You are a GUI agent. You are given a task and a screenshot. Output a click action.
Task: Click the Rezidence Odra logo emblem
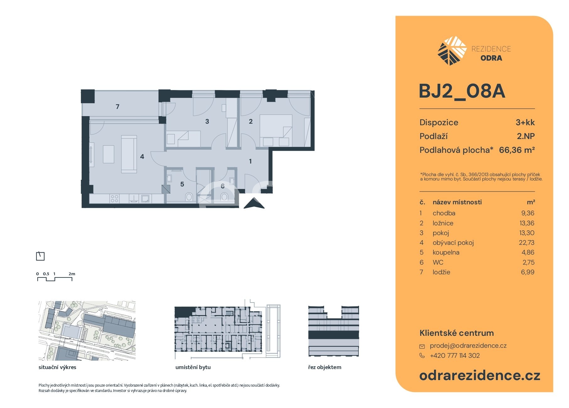pyautogui.click(x=452, y=51)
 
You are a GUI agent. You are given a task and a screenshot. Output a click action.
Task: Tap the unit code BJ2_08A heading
pyautogui.click(x=462, y=91)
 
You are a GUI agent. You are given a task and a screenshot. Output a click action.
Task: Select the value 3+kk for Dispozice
pyautogui.click(x=525, y=122)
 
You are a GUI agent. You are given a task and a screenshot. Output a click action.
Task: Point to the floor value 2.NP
pyautogui.click(x=526, y=136)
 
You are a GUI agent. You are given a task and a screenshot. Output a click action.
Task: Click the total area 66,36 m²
pyautogui.click(x=517, y=150)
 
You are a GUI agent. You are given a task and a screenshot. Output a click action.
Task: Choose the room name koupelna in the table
pyautogui.click(x=446, y=252)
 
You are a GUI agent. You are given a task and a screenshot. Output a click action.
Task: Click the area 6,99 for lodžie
pyautogui.click(x=528, y=272)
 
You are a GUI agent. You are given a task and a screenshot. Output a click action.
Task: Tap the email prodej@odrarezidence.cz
pyautogui.click(x=468, y=346)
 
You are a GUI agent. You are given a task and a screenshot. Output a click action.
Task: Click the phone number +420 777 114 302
pyautogui.click(x=455, y=356)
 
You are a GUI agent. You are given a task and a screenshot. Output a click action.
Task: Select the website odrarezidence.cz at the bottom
pyautogui.click(x=480, y=375)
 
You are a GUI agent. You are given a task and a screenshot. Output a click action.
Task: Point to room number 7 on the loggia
pyautogui.click(x=117, y=107)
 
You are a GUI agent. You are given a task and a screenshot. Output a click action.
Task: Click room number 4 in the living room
pyautogui.click(x=142, y=156)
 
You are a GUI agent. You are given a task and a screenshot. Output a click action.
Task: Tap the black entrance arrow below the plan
pyautogui.click(x=254, y=203)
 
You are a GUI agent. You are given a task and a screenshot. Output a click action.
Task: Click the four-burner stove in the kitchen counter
pyautogui.click(x=114, y=199)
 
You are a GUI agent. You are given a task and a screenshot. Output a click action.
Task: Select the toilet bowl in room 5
pyautogui.click(x=189, y=197)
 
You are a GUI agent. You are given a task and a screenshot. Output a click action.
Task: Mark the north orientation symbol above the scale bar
pyautogui.click(x=40, y=256)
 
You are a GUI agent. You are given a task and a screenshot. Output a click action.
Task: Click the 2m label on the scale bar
pyautogui.click(x=72, y=274)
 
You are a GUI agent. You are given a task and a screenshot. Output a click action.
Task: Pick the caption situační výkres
pyautogui.click(x=57, y=367)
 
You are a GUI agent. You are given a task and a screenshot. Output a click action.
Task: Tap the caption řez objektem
pyautogui.click(x=325, y=367)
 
